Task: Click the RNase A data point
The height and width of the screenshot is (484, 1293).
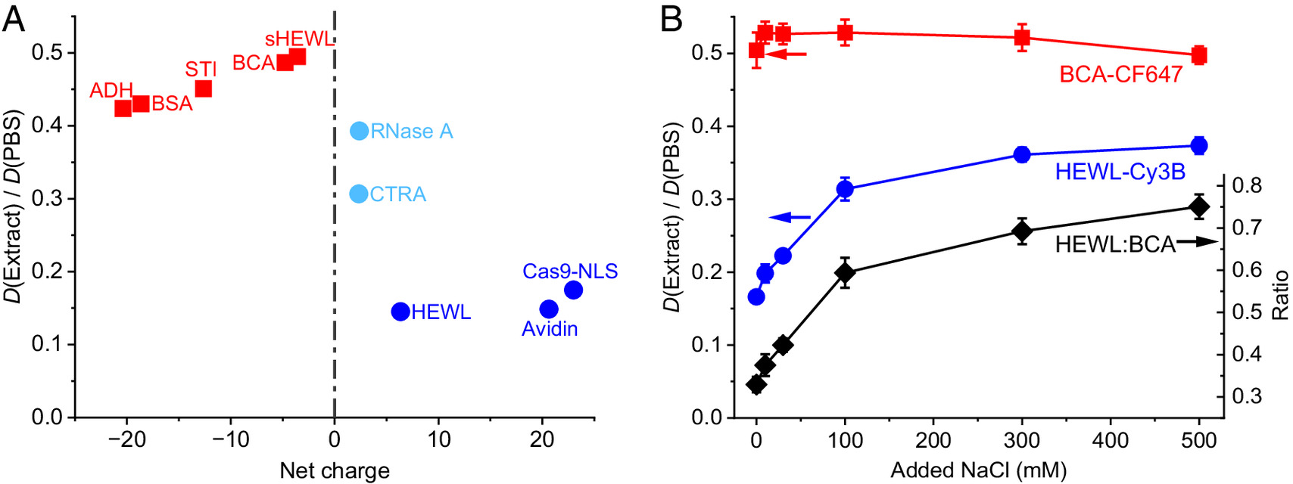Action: tap(359, 131)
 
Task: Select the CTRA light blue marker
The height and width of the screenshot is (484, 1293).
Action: tap(359, 194)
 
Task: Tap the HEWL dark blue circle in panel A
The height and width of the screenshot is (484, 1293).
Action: tap(400, 311)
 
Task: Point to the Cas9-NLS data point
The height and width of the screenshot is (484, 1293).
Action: tap(573, 290)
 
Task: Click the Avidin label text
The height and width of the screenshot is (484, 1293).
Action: tap(550, 329)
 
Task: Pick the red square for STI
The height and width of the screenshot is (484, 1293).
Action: tap(203, 88)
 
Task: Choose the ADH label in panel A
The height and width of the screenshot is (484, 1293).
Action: tap(111, 91)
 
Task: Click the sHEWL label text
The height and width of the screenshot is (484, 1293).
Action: tap(299, 39)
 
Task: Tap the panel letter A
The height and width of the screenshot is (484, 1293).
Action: tap(14, 19)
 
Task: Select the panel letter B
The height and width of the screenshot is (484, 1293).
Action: tap(671, 19)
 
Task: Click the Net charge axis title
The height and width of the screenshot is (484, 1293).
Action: tap(335, 470)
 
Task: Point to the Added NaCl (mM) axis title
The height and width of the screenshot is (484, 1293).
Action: tap(978, 470)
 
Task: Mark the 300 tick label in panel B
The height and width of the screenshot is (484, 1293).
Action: tap(1022, 439)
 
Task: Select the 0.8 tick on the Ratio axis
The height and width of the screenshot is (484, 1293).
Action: tap(1247, 185)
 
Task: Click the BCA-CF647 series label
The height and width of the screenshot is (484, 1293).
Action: tap(1120, 74)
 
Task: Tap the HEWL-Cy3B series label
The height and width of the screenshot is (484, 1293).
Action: tap(1120, 172)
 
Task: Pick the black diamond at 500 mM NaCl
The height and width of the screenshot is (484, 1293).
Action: tap(1199, 206)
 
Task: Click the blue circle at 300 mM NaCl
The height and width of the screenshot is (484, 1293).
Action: tap(1022, 154)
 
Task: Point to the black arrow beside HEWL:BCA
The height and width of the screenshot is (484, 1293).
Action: tap(1197, 241)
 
